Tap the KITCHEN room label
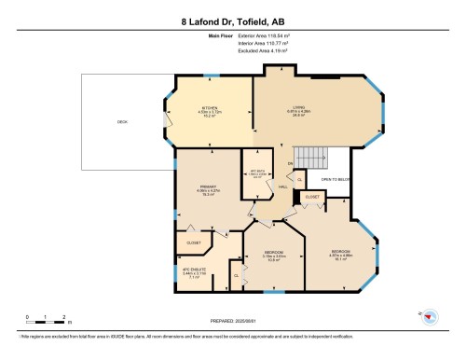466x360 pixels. click(210, 113)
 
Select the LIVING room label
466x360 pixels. click(298, 113)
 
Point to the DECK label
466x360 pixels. click(122, 122)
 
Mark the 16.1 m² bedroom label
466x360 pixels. click(341, 255)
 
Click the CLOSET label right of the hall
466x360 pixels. click(312, 197)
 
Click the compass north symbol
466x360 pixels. click(429, 315)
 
